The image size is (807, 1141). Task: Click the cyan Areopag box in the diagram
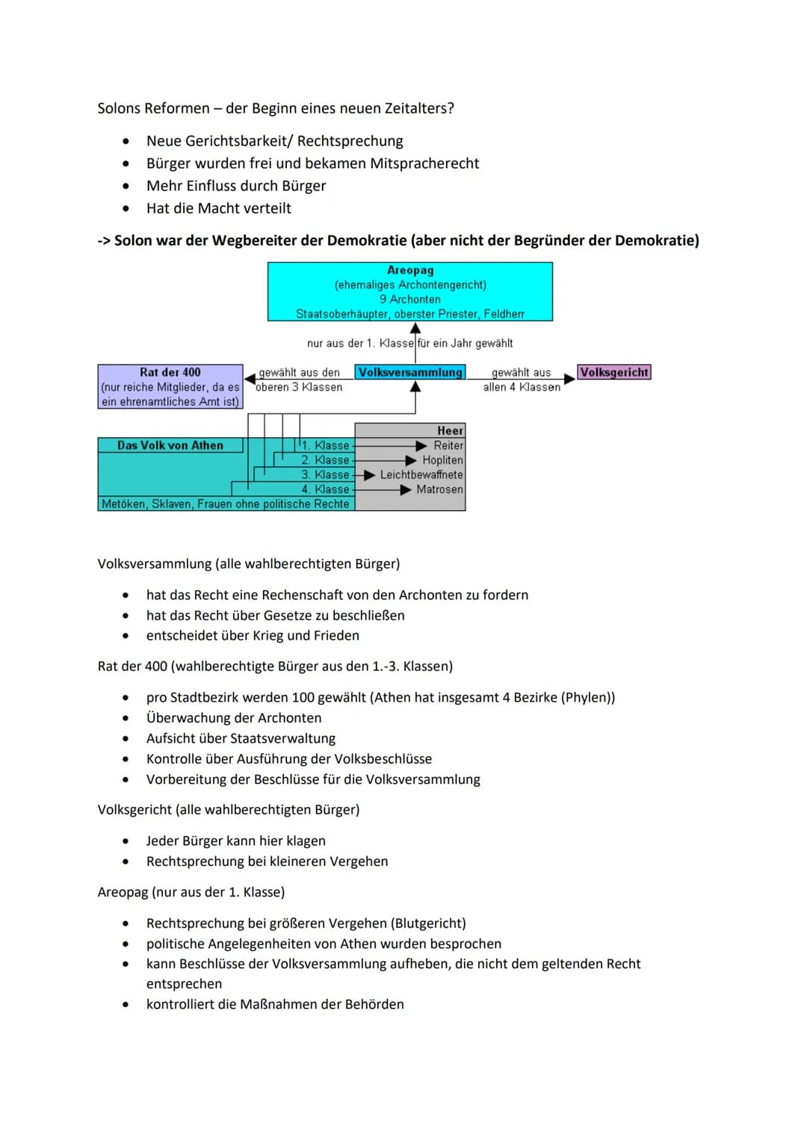click(x=409, y=291)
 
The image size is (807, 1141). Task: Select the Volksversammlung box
click(x=410, y=372)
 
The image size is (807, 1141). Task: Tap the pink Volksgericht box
click(x=614, y=372)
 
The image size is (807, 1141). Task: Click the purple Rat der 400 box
click(x=170, y=386)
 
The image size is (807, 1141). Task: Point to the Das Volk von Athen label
click(x=170, y=445)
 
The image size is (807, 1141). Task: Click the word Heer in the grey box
click(x=450, y=430)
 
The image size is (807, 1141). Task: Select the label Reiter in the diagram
click(x=448, y=445)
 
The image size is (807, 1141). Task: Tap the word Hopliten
click(x=442, y=460)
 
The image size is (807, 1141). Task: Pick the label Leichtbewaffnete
click(x=421, y=474)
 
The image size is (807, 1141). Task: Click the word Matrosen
click(x=439, y=489)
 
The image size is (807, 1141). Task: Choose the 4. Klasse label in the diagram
click(x=325, y=489)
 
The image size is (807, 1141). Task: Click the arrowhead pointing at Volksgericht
click(x=569, y=379)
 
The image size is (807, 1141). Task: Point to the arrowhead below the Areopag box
click(x=415, y=328)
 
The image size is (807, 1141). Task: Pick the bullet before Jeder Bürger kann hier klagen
click(x=126, y=841)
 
